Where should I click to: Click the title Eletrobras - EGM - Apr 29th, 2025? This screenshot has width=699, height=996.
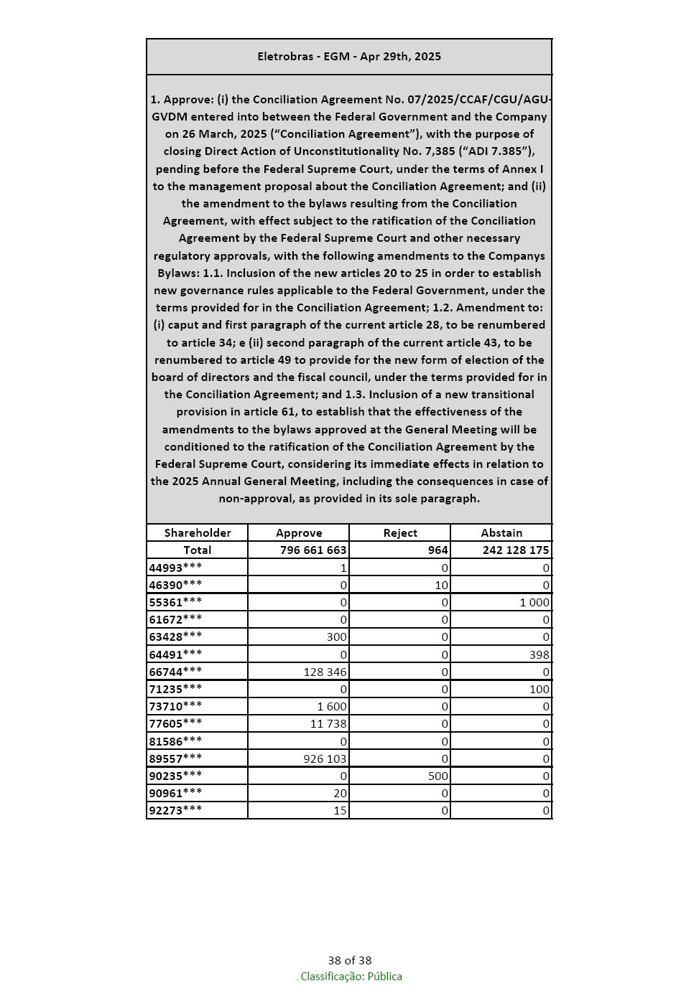coord(349,57)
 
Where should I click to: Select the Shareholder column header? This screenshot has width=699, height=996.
coord(198,532)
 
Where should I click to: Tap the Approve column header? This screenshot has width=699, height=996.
coord(299,532)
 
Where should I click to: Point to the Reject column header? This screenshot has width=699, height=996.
coord(400,532)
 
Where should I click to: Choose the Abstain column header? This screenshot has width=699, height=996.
coord(501,532)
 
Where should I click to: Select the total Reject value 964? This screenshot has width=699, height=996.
coord(438,550)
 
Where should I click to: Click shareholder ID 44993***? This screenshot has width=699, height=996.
coord(176,568)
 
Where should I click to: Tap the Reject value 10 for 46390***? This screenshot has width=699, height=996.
coord(441,585)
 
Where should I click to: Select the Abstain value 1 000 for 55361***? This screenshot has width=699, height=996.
coord(534,603)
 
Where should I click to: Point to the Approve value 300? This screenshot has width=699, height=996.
coord(337,636)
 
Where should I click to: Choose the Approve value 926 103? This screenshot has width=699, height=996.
coord(325,758)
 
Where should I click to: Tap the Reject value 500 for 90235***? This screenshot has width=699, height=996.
coord(438,776)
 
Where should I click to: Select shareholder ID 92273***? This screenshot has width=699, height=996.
coord(176,810)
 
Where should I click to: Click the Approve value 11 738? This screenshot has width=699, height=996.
coord(328,723)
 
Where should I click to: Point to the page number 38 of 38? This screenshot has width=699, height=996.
coord(350,960)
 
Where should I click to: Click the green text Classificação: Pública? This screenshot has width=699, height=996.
coord(351,977)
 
